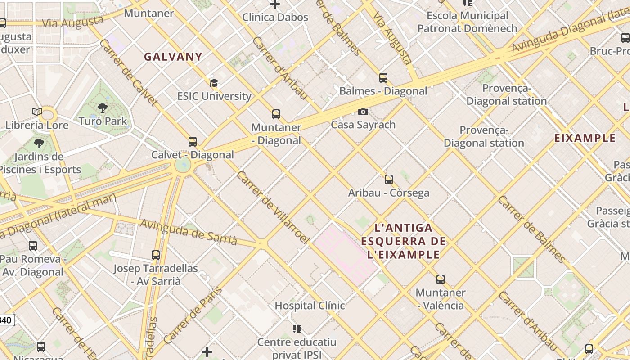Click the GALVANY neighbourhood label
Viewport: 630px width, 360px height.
tap(173, 57)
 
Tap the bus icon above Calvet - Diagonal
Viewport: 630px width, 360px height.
tap(193, 142)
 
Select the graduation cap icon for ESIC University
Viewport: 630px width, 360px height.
tap(214, 83)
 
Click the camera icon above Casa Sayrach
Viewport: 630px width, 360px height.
tap(363, 112)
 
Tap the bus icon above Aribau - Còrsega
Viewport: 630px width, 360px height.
tap(389, 180)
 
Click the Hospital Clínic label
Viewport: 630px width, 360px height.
tap(310, 306)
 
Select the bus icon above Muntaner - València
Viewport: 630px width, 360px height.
tap(441, 279)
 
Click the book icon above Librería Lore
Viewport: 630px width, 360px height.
tap(37, 112)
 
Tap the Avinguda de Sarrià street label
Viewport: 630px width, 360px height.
tap(189, 232)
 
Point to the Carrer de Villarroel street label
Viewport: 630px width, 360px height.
tap(273, 207)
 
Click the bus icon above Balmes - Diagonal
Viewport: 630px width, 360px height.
tap(383, 78)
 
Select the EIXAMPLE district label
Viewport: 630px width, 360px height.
tap(585, 138)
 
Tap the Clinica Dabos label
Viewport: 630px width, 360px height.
tap(275, 18)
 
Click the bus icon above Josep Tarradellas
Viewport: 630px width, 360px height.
tap(156, 255)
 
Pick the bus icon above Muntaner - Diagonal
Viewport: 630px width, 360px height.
tap(276, 114)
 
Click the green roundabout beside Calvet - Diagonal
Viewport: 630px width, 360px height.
tap(183, 165)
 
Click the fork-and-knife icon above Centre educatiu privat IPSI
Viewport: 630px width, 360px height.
tap(297, 329)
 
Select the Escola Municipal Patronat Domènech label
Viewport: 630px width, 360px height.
tap(467, 22)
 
